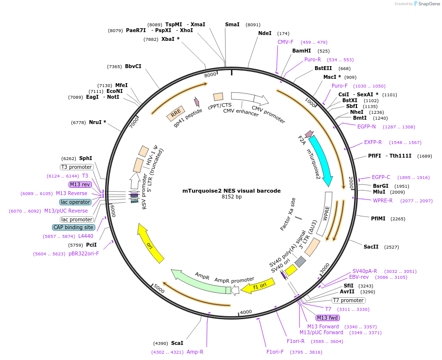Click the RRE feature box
coord(175,113)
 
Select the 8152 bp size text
coord(231,197)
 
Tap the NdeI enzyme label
coord(265,34)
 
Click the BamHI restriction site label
coord(301,51)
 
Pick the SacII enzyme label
coord(371,247)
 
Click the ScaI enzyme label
coord(177,343)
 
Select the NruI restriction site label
coord(97,122)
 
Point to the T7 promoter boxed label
coord(348,300)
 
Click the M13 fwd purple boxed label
coord(328,318)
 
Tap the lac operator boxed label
coord(75,202)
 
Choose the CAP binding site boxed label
coord(73,227)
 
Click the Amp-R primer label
coord(195,352)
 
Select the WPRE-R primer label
coord(382,200)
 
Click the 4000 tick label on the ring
coord(246,312)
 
